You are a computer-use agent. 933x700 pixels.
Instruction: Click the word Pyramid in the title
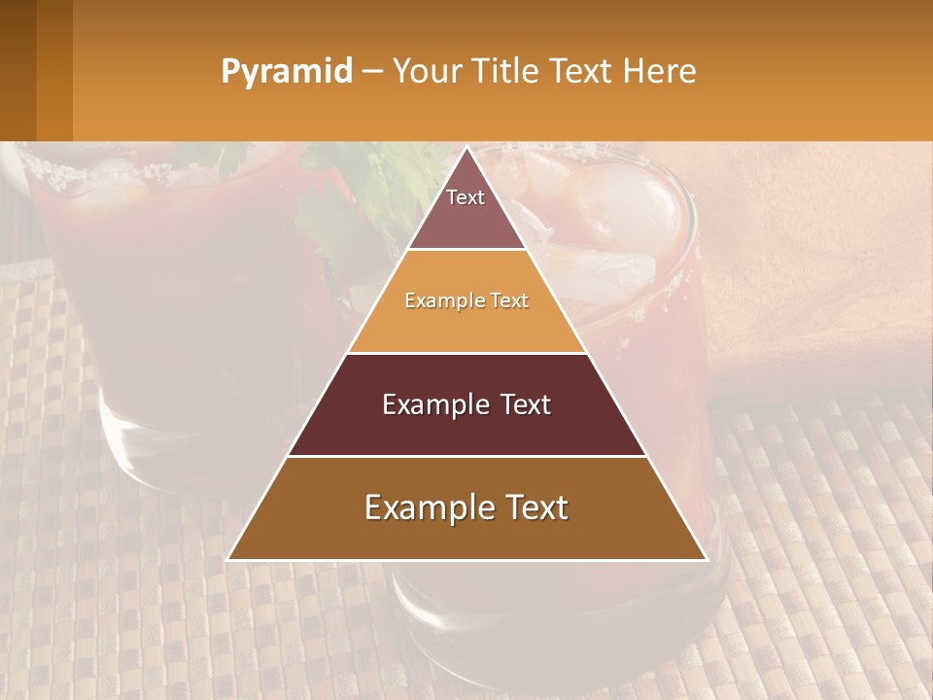coord(286,72)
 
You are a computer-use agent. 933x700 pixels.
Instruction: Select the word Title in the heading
coord(504,71)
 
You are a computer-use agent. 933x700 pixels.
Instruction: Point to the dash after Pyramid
coord(371,72)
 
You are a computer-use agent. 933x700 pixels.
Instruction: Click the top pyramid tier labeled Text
coord(466,209)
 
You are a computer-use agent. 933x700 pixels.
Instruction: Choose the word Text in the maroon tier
coord(520,404)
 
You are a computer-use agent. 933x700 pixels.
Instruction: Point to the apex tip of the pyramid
coord(466,149)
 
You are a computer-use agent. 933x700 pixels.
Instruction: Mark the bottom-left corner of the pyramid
coord(229,559)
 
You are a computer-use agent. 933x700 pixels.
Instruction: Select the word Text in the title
coord(581,71)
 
